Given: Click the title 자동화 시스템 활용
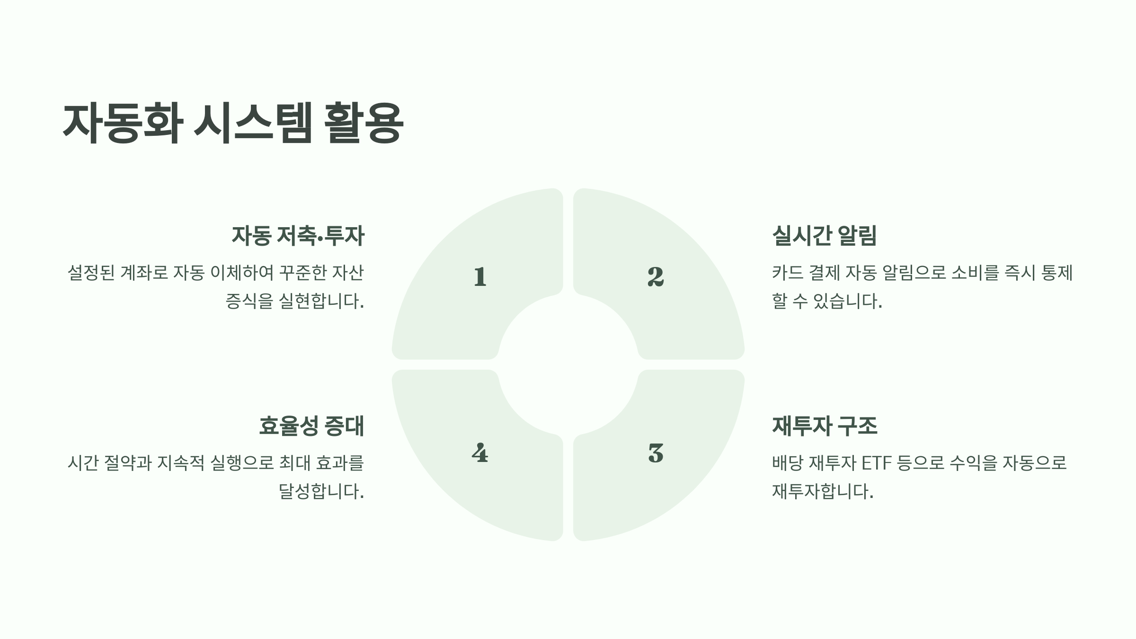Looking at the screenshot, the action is [233, 123].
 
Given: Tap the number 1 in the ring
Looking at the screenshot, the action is [480, 277].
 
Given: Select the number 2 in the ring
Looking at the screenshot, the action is [656, 277].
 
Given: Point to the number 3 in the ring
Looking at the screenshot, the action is [656, 453].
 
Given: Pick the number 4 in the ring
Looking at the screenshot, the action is [480, 453].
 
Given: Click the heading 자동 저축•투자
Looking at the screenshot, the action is [298, 236].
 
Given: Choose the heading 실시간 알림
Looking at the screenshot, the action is [824, 235].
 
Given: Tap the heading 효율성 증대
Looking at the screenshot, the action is [311, 426].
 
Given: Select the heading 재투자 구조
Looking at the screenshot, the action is [825, 426].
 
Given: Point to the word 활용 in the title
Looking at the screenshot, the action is [364, 123].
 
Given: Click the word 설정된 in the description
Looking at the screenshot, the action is [91, 273].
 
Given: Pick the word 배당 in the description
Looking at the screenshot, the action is [788, 463].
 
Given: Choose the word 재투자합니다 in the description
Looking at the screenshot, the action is [822, 491].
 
